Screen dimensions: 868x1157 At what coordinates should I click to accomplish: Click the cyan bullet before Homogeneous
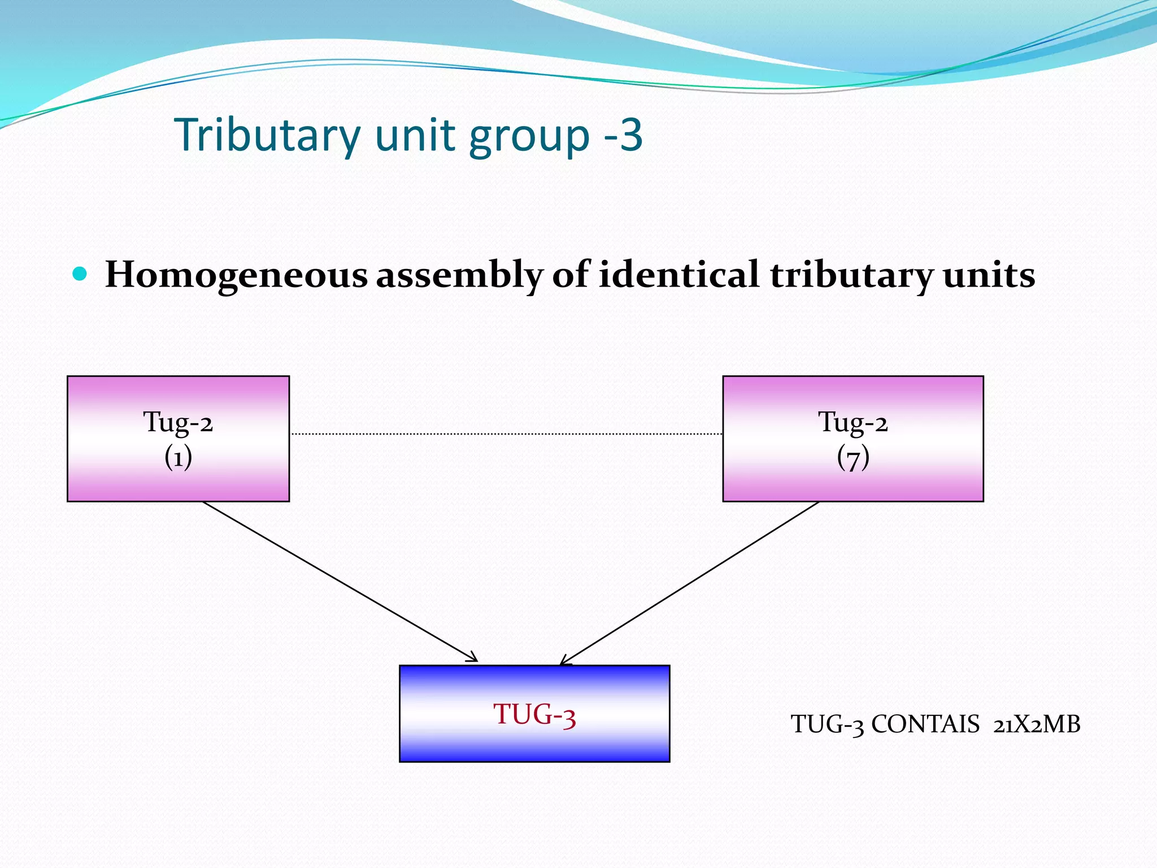tap(80, 275)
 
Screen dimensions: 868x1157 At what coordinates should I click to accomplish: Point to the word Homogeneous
tap(236, 275)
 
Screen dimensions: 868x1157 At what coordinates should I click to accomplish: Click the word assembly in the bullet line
tap(459, 275)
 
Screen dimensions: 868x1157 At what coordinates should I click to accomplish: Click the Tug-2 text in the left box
tap(178, 422)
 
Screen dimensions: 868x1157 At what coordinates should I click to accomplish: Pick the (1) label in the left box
tap(178, 457)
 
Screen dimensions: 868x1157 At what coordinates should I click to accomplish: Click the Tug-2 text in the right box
tap(853, 422)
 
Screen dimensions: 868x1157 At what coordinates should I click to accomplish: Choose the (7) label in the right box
tap(853, 457)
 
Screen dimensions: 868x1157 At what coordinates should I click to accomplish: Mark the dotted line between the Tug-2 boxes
tap(506, 434)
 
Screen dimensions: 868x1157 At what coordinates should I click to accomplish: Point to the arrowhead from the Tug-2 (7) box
tap(564, 661)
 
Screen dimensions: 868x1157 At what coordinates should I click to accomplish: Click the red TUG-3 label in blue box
tap(534, 715)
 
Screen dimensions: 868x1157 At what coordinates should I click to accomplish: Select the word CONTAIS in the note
tap(925, 724)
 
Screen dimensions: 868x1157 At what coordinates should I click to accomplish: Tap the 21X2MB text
tap(1037, 724)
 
